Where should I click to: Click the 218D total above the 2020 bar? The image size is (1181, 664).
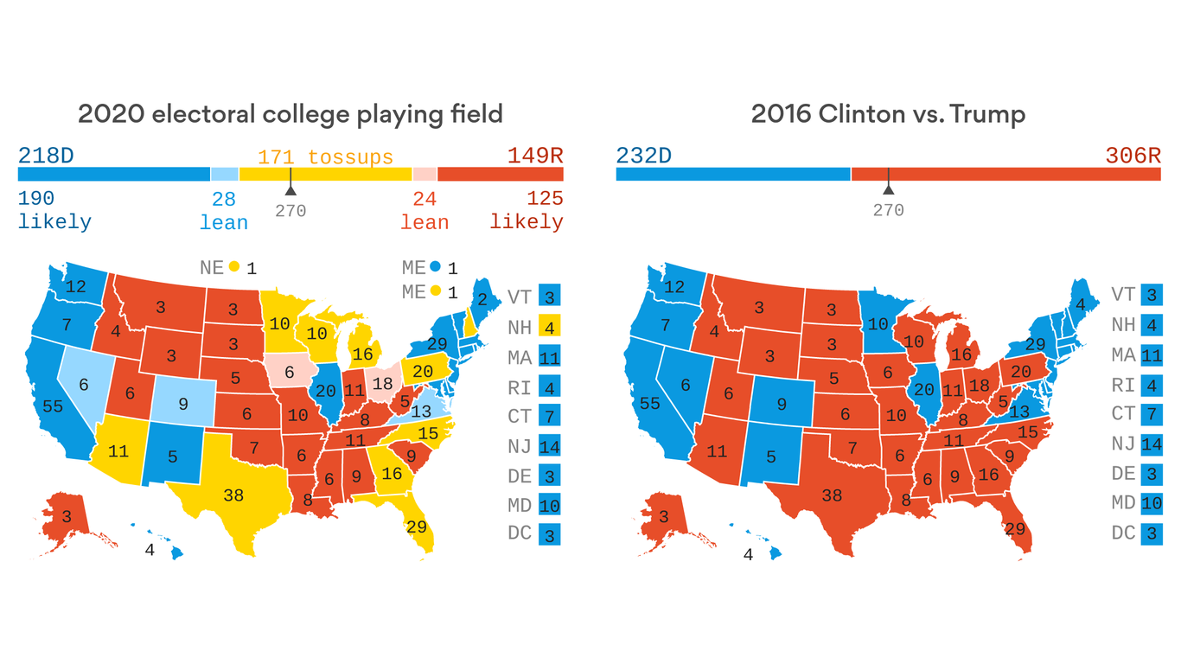(46, 156)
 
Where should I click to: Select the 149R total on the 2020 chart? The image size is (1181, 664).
(534, 156)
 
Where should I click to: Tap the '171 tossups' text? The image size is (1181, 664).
(325, 157)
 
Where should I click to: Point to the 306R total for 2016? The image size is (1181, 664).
(1133, 156)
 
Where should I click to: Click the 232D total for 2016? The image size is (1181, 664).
(644, 156)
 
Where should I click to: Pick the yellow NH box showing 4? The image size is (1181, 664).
(549, 327)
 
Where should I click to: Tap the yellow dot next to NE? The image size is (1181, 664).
(234, 267)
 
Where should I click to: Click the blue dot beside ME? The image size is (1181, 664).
(436, 267)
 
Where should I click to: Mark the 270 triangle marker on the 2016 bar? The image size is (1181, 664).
(887, 188)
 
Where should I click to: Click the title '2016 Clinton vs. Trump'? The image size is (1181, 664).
(887, 114)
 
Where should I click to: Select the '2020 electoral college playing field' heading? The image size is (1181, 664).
(290, 114)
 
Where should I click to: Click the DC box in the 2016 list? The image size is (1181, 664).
(1151, 533)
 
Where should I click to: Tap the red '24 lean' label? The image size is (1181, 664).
(424, 211)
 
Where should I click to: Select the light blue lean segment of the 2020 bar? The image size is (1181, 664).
(225, 174)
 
